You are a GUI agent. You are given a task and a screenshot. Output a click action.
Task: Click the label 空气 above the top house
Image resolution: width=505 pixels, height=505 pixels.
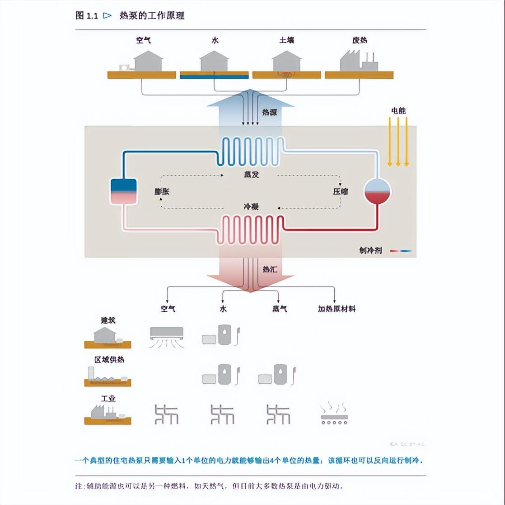pos(143,40)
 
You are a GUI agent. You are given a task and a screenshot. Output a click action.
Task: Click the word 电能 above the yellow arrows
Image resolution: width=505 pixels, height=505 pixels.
pos(398,110)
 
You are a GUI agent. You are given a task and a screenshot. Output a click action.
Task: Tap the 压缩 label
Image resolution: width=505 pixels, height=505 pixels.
pos(341,191)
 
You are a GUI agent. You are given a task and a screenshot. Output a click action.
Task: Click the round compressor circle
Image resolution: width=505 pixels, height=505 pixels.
pos(377,191)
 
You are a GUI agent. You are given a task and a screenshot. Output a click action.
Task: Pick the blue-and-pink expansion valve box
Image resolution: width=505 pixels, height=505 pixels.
pos(123,191)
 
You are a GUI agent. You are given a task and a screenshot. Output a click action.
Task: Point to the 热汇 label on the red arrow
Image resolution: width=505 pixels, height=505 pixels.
pos(270,269)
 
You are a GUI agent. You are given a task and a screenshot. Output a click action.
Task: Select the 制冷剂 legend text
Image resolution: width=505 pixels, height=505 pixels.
pos(370,250)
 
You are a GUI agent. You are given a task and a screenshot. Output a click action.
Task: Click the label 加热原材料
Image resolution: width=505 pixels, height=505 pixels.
pos(337,309)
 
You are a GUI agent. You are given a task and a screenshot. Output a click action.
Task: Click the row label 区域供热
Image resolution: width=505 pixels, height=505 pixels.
pos(109,360)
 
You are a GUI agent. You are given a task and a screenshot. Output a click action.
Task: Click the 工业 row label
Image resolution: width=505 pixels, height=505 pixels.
pos(108,399)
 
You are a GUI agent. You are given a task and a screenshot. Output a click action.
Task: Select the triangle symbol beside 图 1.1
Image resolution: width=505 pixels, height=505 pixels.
pos(107,15)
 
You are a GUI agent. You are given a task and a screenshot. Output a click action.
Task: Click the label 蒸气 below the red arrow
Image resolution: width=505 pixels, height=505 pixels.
pos(279,309)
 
